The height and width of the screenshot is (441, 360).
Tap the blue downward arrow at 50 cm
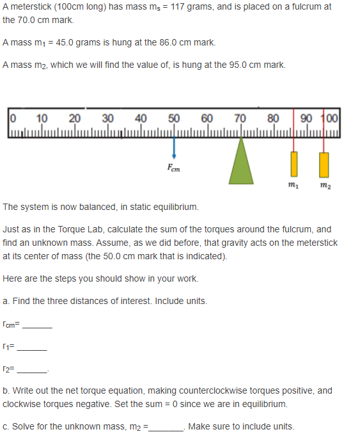point(174,147)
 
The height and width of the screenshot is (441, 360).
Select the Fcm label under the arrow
point(174,168)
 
